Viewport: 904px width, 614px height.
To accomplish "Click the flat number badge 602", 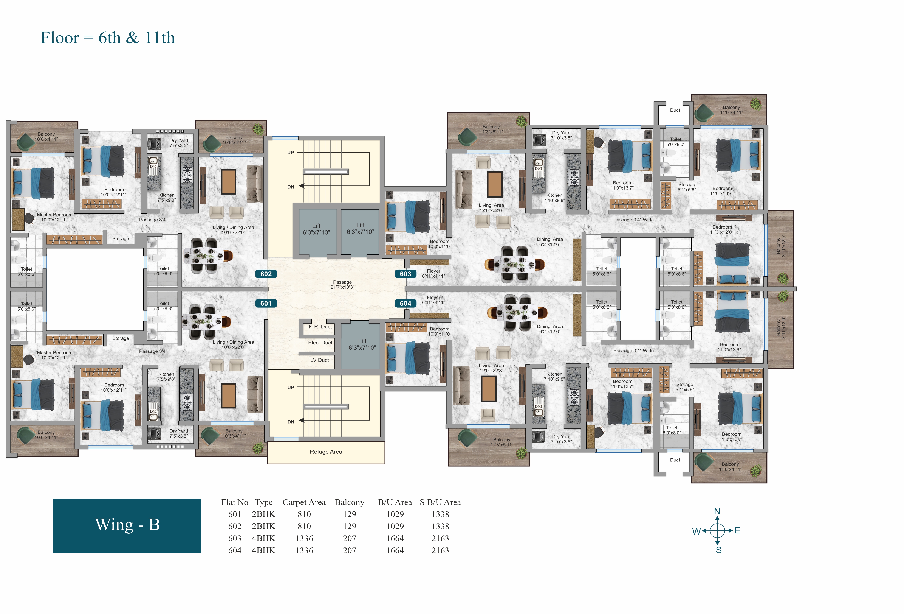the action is pyautogui.click(x=266, y=274).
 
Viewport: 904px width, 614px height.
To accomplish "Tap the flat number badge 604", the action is pyautogui.click(x=405, y=303).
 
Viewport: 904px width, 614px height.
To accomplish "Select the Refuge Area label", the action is pyautogui.click(x=326, y=452).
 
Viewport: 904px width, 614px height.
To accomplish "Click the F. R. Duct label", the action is pyautogui.click(x=320, y=327).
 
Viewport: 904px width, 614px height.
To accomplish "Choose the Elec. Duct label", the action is pyautogui.click(x=320, y=343).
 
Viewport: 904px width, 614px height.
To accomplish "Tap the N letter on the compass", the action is pyautogui.click(x=717, y=511).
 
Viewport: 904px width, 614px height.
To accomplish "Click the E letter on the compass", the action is pyautogui.click(x=738, y=530).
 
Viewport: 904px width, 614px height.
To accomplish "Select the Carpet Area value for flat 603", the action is pyautogui.click(x=304, y=538).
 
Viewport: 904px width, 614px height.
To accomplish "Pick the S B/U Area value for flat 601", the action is pyautogui.click(x=440, y=514).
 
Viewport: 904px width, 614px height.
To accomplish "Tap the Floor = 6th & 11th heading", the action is pyautogui.click(x=108, y=38).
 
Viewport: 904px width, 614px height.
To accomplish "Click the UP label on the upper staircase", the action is pyautogui.click(x=291, y=153).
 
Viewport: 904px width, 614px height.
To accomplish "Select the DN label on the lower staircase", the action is pyautogui.click(x=291, y=422).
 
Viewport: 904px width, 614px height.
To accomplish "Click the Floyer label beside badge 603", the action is pyautogui.click(x=433, y=271).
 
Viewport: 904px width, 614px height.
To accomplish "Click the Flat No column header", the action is pyautogui.click(x=235, y=502).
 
